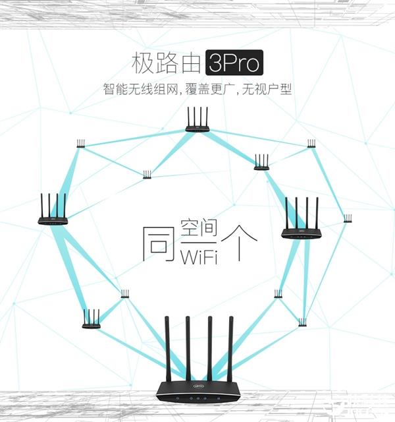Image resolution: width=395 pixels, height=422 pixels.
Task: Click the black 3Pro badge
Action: pos(234,64)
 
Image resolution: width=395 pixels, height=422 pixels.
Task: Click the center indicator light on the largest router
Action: pos(197,398)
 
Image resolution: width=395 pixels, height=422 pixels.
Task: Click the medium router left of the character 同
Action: pos(53,211)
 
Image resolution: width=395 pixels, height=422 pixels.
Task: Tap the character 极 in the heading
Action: pos(145,64)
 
